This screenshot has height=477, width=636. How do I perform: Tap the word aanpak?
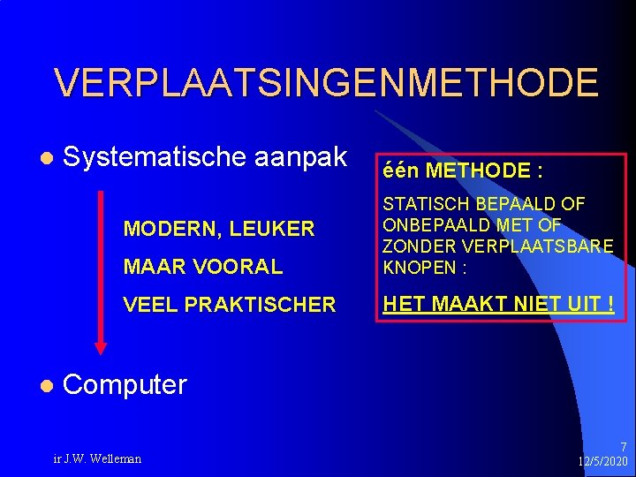coord(301,159)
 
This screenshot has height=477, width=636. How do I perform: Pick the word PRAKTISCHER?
coord(262,305)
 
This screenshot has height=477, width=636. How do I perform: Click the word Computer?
coord(125,384)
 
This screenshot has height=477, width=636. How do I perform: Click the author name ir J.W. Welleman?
coord(97,458)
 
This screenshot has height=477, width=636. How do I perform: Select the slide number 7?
coord(624,447)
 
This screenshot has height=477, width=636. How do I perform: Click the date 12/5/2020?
coord(602,462)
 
